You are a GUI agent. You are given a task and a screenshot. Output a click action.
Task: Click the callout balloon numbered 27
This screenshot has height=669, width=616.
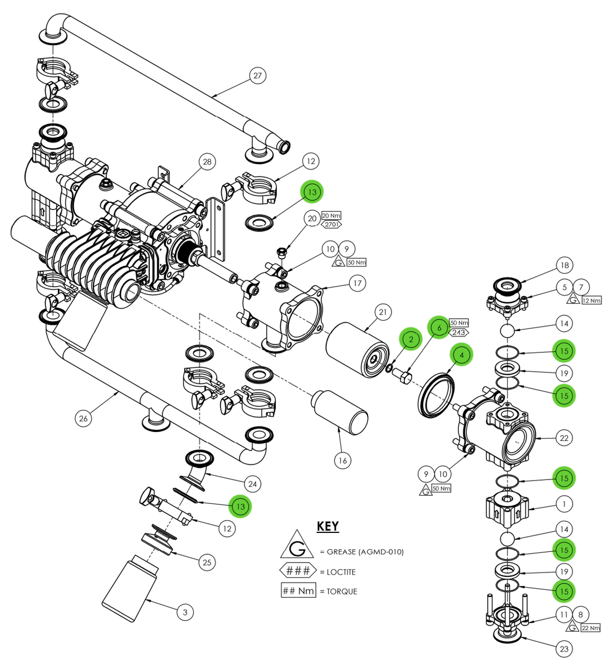tap(257, 75)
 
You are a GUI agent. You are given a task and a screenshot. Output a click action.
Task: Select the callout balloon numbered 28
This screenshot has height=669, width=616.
tap(207, 162)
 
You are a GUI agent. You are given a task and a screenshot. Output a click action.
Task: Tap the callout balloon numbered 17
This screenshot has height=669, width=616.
tap(358, 283)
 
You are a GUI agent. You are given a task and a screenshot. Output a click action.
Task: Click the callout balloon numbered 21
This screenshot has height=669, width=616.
tap(383, 313)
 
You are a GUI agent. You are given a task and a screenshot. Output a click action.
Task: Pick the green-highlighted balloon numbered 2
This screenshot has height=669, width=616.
tap(411, 339)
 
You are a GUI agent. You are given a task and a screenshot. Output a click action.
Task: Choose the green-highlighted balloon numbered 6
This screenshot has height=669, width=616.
tap(439, 328)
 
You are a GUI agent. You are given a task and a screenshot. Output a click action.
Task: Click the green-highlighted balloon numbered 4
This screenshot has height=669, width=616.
tap(462, 354)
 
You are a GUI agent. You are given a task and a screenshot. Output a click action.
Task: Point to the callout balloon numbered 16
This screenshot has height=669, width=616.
tap(343, 460)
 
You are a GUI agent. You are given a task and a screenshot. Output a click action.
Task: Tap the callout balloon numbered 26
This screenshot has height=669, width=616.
tap(84, 418)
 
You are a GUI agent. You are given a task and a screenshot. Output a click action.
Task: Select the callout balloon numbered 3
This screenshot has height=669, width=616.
tap(185, 612)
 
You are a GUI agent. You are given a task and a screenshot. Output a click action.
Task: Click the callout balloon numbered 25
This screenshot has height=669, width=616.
tap(207, 562)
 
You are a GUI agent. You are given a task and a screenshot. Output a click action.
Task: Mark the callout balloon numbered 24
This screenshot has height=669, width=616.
tap(252, 484)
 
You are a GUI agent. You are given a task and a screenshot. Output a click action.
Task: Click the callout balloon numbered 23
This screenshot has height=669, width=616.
tap(564, 648)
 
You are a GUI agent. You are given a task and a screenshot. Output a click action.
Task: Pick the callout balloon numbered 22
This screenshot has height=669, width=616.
tap(564, 438)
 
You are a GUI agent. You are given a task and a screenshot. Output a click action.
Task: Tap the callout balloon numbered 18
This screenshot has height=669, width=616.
tap(564, 265)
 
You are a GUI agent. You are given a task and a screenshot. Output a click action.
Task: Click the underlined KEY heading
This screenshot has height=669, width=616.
tap(327, 526)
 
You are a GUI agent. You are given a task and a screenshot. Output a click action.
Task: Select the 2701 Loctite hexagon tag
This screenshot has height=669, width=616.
tap(331, 225)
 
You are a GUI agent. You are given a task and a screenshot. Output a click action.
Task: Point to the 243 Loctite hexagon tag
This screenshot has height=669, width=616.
tap(459, 333)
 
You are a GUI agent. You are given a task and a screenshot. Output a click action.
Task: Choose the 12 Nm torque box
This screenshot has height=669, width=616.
tap(592, 300)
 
